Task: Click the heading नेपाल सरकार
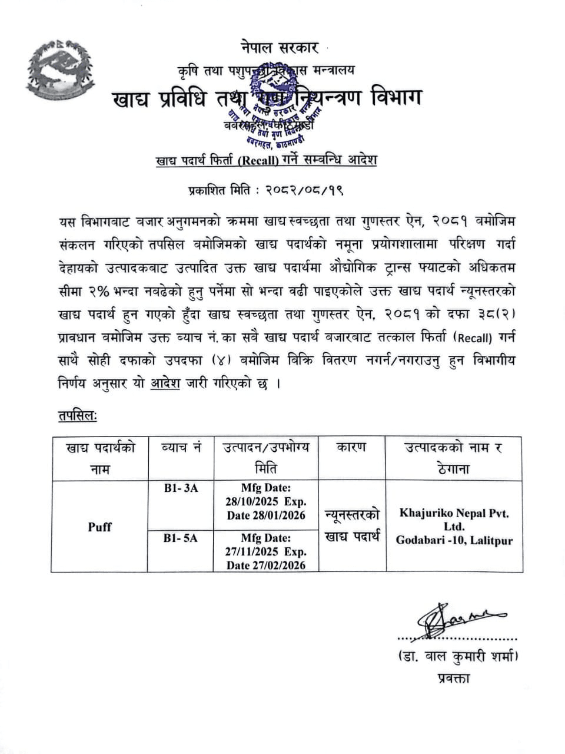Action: (x=279, y=47)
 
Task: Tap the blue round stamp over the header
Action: (x=281, y=109)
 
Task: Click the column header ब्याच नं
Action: (x=181, y=448)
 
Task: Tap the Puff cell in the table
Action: (x=99, y=527)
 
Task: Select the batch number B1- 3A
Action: (x=181, y=488)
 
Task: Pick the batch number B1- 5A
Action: (x=181, y=537)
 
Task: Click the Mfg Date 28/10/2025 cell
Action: (x=266, y=502)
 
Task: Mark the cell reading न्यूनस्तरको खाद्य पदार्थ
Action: (x=352, y=525)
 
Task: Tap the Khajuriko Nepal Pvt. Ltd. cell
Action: (x=454, y=527)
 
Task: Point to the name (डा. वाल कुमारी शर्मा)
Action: (x=453, y=655)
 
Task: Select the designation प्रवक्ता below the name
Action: (x=454, y=678)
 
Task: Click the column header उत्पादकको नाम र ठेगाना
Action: (x=454, y=458)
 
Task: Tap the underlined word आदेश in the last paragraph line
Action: (x=165, y=384)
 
